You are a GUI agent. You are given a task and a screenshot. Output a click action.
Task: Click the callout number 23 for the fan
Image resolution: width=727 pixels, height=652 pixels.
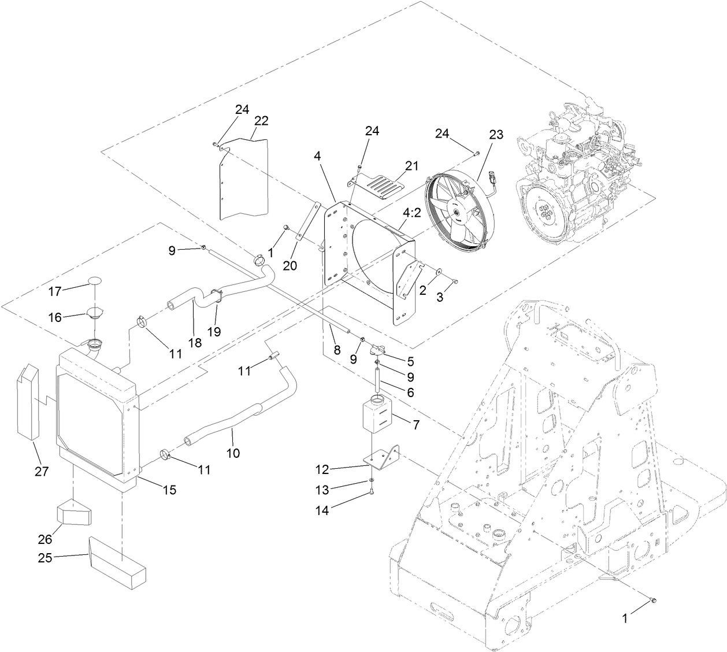pos(496,135)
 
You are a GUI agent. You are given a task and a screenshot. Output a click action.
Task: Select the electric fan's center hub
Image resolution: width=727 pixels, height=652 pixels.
pos(456,213)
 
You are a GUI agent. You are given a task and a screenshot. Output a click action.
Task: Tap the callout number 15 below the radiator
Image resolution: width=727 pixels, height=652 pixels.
pos(169,490)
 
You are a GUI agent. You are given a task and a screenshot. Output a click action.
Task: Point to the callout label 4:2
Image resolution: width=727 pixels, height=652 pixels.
pos(411,213)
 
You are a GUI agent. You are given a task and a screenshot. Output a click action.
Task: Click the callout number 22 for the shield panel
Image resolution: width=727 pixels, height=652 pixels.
pos(261,120)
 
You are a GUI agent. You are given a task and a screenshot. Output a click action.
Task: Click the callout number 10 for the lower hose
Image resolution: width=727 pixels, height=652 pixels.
pos(232,453)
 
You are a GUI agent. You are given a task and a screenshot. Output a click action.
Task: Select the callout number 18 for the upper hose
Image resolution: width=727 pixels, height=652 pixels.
pos(195,342)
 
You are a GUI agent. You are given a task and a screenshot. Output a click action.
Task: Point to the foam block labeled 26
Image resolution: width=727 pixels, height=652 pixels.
pos(74,513)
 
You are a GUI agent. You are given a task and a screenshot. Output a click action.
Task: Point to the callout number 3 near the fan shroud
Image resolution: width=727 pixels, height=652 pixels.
pos(441,297)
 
